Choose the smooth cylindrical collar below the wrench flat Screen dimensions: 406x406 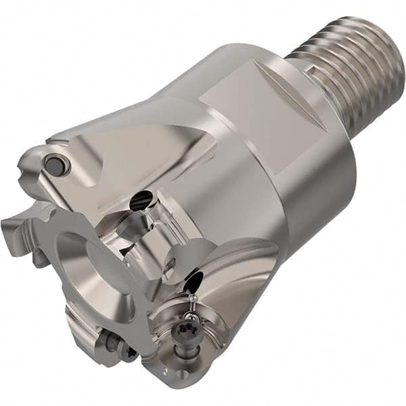(311, 189)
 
